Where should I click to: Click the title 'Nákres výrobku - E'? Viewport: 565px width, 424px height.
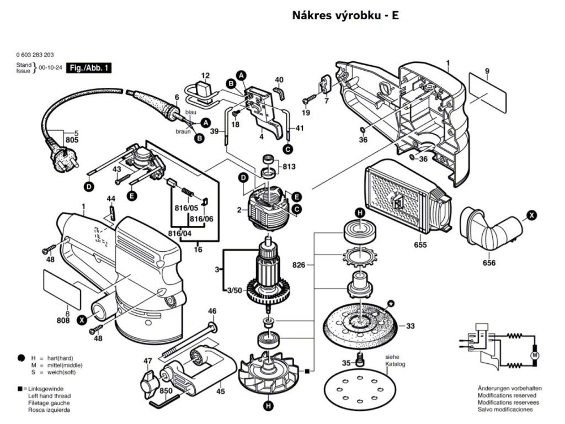345,15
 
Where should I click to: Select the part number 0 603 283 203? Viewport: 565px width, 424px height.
35,56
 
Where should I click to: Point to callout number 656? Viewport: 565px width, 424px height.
488,263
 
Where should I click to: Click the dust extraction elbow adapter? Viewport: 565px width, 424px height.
491,227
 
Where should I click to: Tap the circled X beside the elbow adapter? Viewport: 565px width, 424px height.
531,215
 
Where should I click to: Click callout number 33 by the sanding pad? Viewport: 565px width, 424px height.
410,326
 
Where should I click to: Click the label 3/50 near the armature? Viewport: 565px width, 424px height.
234,290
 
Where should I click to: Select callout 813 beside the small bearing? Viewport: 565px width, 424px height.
289,167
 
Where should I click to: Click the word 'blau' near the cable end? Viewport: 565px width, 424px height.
191,112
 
